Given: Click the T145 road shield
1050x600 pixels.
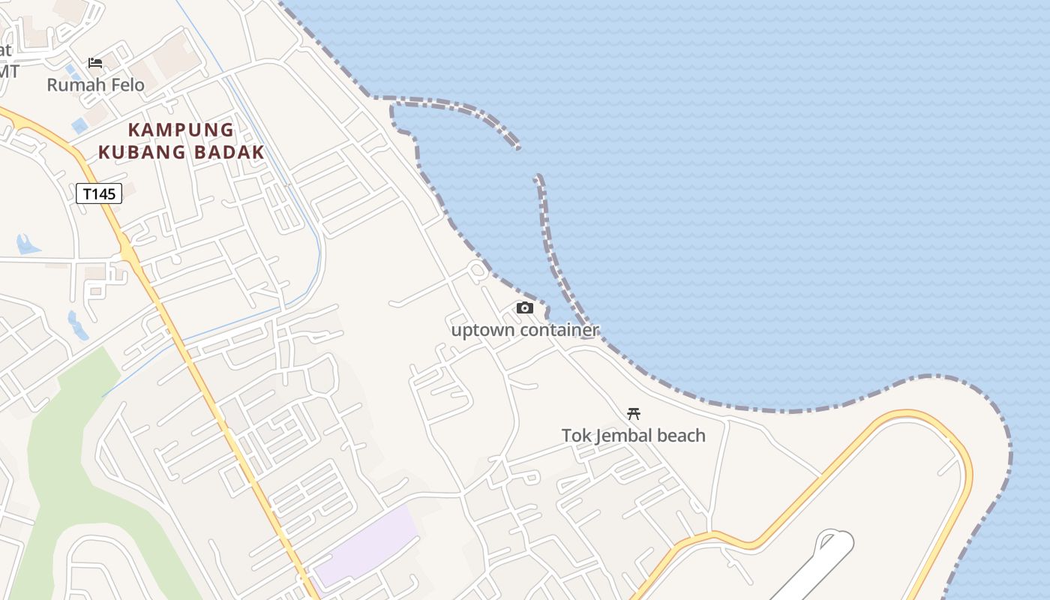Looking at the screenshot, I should (99, 194).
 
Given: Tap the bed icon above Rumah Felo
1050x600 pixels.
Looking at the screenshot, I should (95, 63).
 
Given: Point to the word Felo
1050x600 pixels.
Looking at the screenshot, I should (127, 85).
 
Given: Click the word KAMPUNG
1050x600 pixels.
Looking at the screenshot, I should (181, 130).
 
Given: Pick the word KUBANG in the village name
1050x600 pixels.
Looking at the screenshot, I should (142, 152).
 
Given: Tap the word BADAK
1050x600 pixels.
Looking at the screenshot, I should (228, 152).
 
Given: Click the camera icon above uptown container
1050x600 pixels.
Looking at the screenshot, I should (525, 307).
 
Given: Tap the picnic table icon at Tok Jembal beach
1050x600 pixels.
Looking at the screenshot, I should (634, 413).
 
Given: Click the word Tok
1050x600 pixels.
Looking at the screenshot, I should (575, 435).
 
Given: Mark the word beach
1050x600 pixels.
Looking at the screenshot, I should (681, 435).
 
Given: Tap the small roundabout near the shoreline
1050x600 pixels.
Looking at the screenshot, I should (477, 269).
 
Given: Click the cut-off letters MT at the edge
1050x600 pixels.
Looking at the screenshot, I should (8, 71).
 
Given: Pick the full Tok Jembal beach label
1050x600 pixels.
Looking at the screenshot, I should (634, 435).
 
